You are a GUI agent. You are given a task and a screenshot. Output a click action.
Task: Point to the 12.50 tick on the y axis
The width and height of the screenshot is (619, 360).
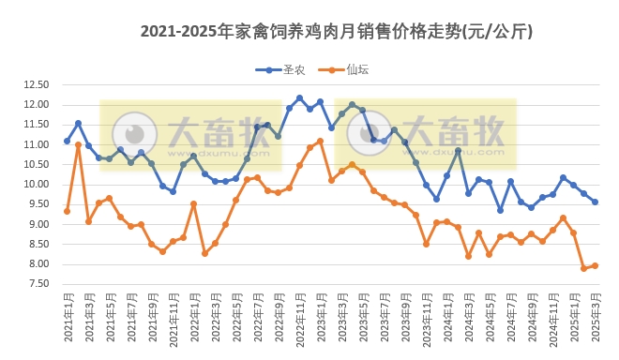(x=36, y=84)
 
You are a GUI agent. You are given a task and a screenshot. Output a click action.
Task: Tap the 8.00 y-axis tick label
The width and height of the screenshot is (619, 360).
(x=38, y=264)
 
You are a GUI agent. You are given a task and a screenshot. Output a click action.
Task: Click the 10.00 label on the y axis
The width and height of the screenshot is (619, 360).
(x=36, y=185)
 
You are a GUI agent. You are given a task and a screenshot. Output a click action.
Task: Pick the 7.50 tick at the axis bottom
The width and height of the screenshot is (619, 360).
(x=38, y=284)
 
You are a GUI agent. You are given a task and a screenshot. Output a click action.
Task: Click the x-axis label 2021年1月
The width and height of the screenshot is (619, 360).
(x=68, y=319)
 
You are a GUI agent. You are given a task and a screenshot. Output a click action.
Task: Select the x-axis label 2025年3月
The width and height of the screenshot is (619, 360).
(x=595, y=319)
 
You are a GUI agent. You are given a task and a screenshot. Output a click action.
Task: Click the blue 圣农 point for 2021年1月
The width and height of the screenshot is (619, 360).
(x=67, y=141)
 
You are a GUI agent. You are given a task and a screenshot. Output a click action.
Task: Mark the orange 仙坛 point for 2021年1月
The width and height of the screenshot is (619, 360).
(x=67, y=211)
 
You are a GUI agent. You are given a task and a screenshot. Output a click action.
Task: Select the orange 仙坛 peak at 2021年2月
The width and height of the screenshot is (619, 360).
(x=78, y=145)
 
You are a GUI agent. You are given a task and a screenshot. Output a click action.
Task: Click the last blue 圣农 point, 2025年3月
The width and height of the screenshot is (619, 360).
(x=595, y=202)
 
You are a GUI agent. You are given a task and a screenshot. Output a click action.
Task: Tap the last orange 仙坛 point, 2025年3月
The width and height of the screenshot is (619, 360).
(x=595, y=265)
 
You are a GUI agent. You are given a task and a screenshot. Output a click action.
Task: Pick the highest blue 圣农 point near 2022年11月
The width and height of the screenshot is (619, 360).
(x=299, y=97)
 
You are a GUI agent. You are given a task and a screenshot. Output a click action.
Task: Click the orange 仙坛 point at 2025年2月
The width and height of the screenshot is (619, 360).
(x=584, y=268)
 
